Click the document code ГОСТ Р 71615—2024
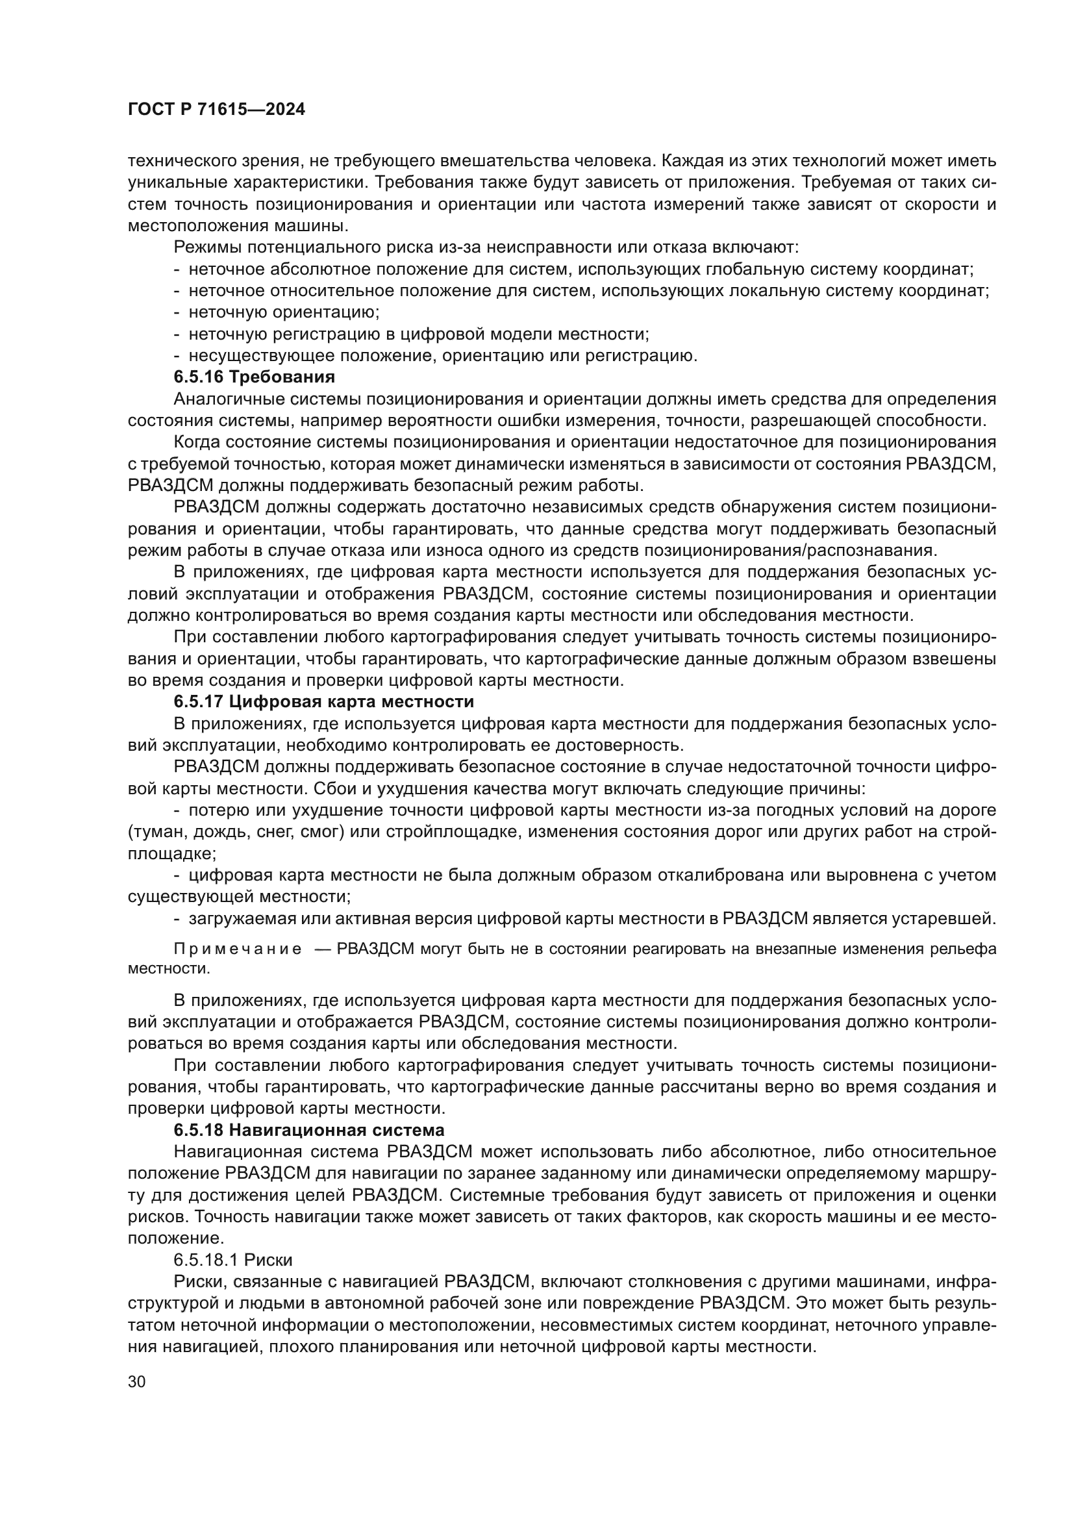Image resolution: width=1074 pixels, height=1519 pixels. pos(216,110)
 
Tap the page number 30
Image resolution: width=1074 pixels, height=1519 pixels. pos(137,1382)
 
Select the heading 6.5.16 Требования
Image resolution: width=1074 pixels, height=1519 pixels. pos(255,377)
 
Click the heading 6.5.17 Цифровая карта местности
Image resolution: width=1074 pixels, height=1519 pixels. pos(324,701)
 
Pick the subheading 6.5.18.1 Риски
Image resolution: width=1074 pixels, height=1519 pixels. pos(233,1259)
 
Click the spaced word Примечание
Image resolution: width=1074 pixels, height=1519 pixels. pos(238,949)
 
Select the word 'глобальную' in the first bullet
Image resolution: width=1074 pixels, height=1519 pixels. pos(757,270)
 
